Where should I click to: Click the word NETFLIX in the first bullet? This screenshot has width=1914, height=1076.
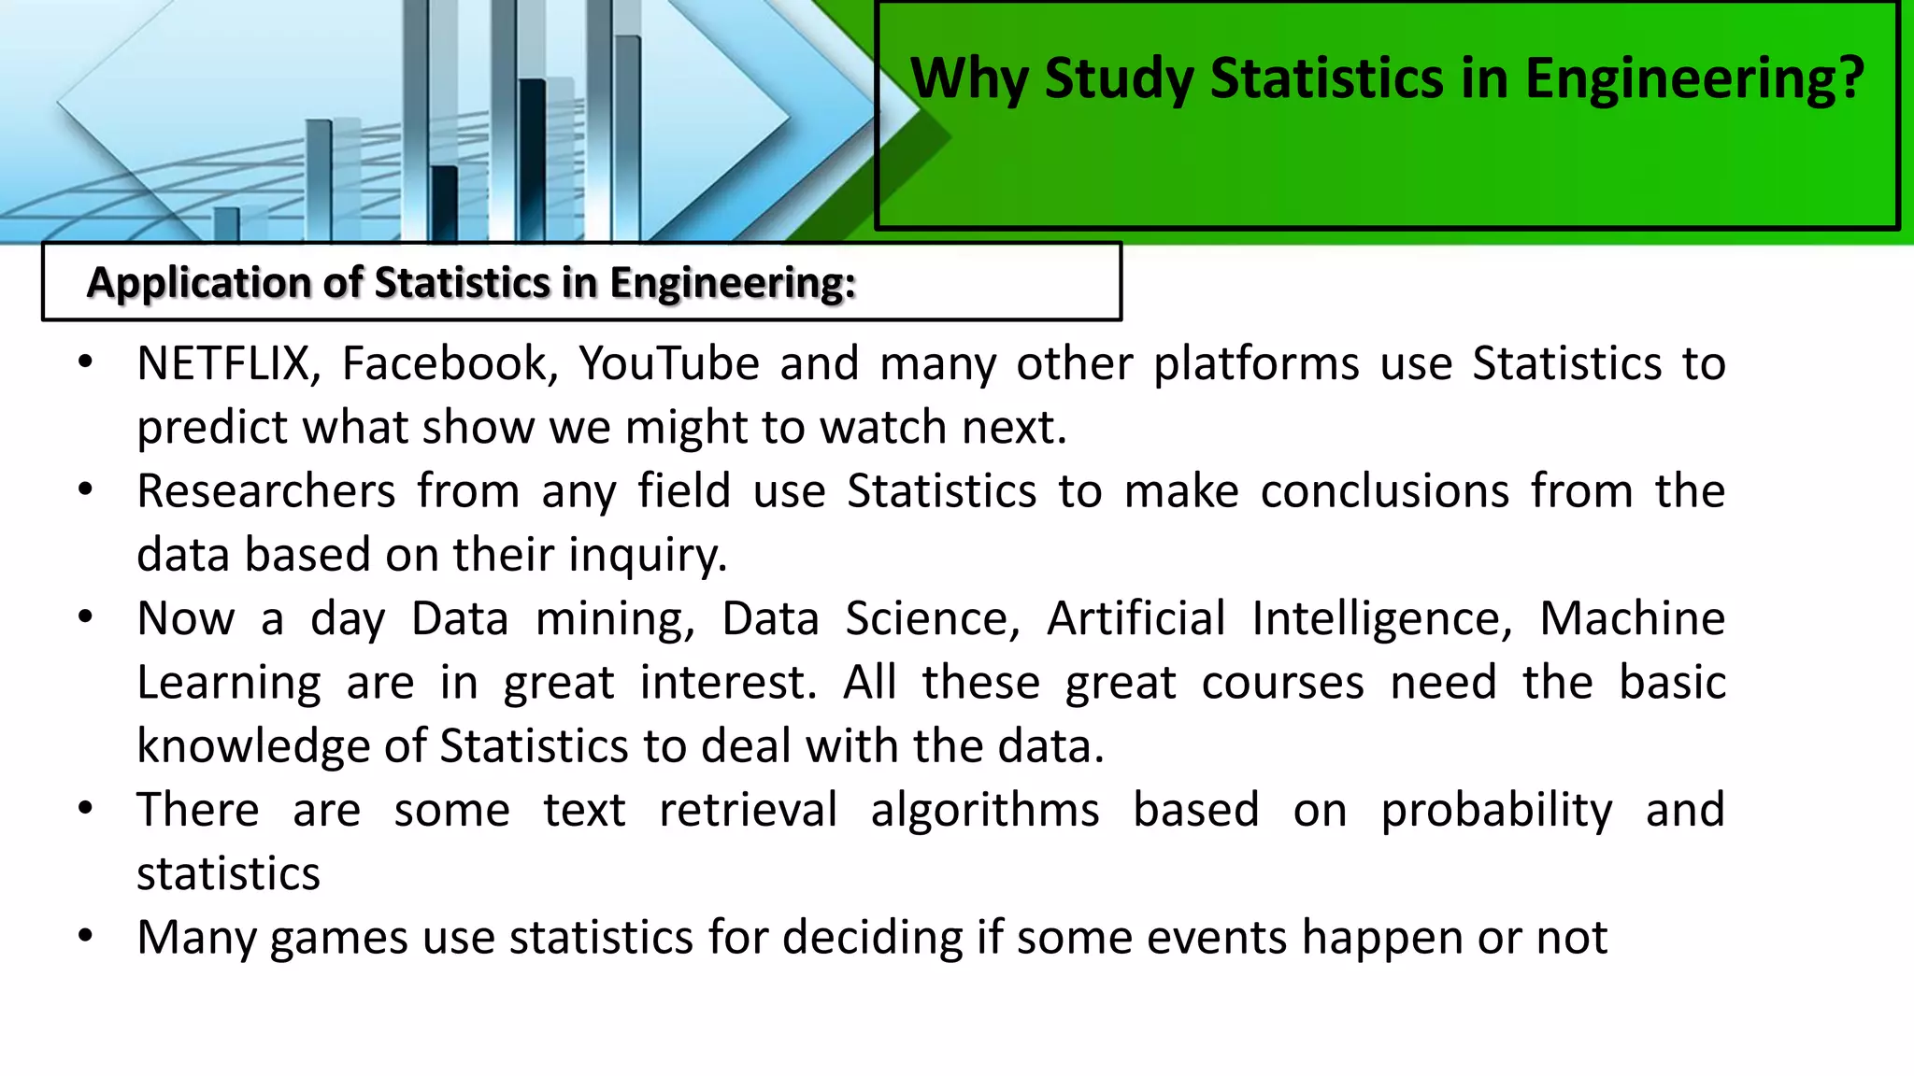(222, 363)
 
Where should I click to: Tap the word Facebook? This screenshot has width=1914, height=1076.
(449, 363)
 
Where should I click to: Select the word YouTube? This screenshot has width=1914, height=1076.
(668, 363)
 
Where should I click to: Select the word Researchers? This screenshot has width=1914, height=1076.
(266, 491)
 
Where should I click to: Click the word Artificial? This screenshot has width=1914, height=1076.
(1136, 619)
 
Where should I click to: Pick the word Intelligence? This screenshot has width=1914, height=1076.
(1381, 619)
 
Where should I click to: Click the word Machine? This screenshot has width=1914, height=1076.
(1632, 619)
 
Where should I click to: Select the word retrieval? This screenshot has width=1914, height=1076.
(748, 810)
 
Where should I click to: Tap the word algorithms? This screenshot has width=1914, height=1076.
(985, 810)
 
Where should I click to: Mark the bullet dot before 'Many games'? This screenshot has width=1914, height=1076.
(86, 935)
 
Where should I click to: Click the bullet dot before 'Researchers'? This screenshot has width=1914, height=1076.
(86, 488)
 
